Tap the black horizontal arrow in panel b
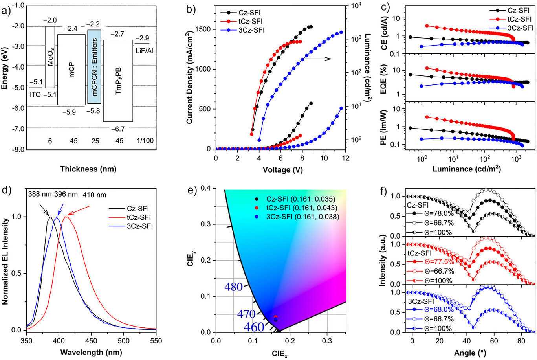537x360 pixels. click(318, 59)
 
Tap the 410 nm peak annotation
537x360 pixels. click(94, 194)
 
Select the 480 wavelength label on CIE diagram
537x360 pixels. click(234, 287)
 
